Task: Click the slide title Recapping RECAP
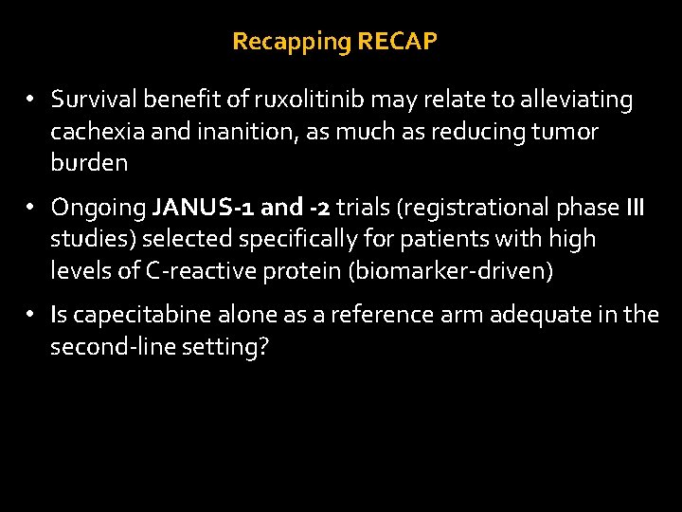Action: [334, 42]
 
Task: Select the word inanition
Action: [242, 131]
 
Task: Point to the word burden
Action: [89, 163]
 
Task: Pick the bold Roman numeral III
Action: [635, 207]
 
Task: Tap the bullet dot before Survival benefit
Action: [30, 100]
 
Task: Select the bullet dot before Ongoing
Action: [30, 207]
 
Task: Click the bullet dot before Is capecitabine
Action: [30, 314]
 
